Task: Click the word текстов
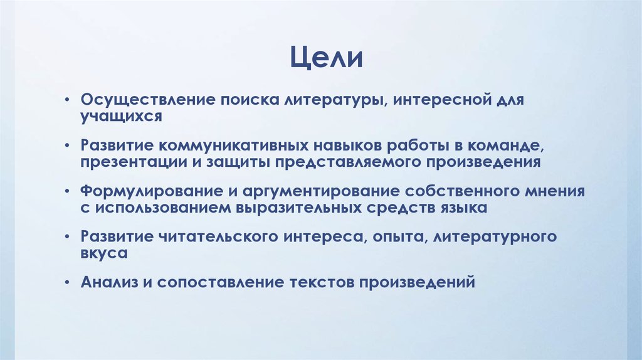pos(322,281)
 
